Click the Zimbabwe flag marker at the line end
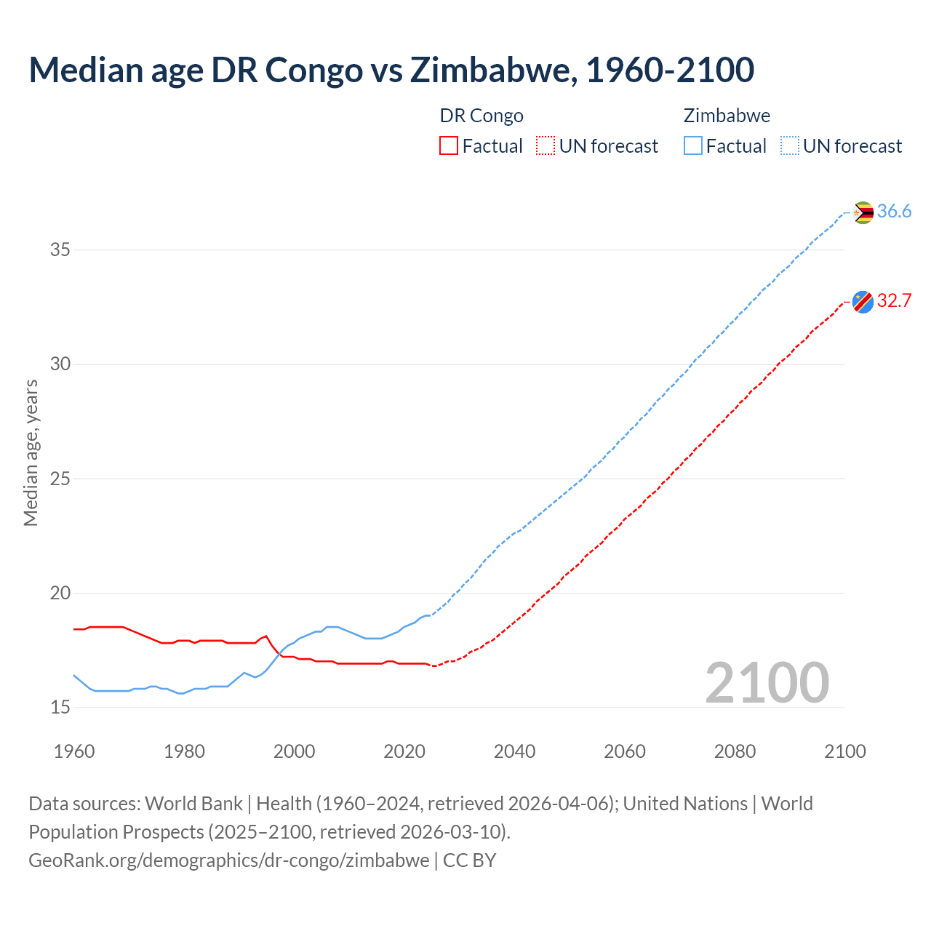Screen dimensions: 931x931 [863, 212]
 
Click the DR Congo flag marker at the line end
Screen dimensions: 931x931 [863, 301]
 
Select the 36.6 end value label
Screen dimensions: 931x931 [894, 212]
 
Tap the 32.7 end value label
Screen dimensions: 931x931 [894, 301]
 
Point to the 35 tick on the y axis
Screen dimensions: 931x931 [60, 250]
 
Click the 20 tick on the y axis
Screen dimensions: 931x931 [60, 594]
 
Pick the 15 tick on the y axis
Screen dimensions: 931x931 [60, 708]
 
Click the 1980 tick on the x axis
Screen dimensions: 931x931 [184, 751]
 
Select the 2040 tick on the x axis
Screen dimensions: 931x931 [514, 751]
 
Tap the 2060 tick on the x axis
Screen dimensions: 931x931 [625, 751]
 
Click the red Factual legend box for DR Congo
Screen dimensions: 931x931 [449, 146]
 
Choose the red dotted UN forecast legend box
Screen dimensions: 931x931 [546, 146]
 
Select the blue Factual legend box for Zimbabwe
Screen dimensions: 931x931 [693, 146]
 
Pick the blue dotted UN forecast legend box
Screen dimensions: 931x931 [789, 146]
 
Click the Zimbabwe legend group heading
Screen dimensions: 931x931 [727, 116]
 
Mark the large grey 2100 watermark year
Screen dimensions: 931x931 [767, 682]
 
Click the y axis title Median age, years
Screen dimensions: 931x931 [31, 452]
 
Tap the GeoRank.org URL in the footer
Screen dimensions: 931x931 [228, 860]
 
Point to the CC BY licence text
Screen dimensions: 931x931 [469, 860]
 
